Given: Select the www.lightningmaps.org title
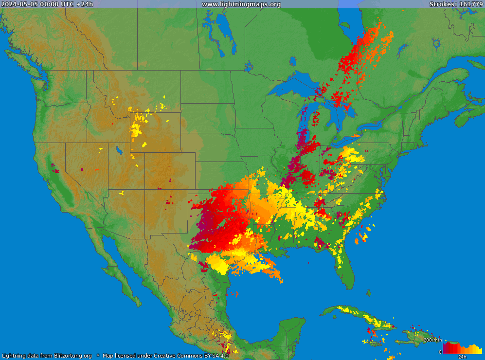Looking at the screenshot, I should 241,4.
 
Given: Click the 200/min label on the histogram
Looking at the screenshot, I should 432,340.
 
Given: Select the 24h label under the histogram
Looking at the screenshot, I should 463,357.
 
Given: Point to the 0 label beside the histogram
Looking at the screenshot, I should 440,352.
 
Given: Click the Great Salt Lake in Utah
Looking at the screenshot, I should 119,150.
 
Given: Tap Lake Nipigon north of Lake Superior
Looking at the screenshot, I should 293,61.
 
